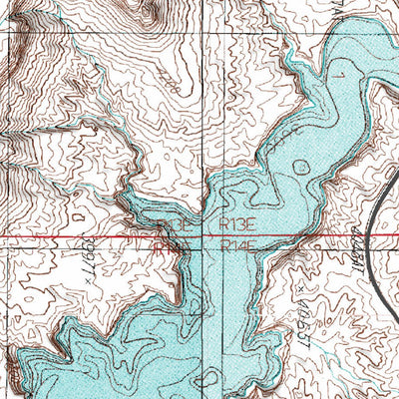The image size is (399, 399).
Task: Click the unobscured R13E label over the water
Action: click(239, 226)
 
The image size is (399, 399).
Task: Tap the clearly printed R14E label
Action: click(239, 244)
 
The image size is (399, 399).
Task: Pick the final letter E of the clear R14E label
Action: click(252, 244)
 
